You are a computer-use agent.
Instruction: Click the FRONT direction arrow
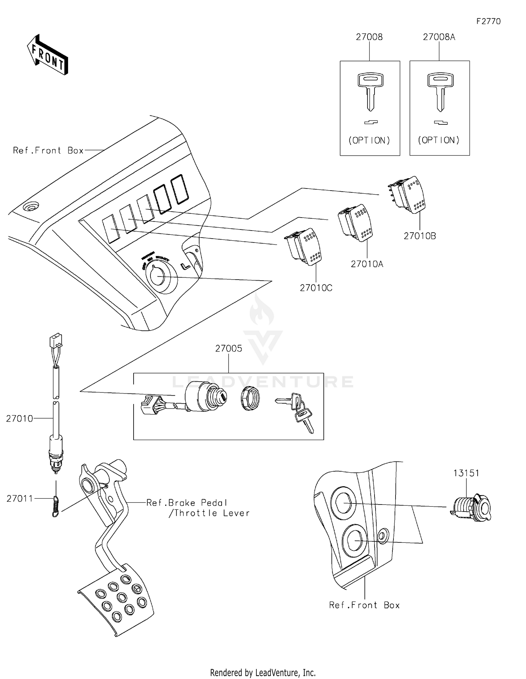47,55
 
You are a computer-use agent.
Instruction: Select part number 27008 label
369,37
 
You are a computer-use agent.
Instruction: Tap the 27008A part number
439,37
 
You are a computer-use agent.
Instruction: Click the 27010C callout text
316,288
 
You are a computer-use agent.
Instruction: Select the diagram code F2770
488,21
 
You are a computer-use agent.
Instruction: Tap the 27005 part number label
229,348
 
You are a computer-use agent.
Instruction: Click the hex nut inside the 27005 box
250,398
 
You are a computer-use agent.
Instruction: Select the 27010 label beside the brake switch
20,418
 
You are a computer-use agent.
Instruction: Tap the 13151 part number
466,473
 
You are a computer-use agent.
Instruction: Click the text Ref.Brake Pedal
187,503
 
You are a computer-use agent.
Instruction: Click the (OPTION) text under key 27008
369,140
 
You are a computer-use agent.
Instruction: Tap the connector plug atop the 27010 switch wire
56,340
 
